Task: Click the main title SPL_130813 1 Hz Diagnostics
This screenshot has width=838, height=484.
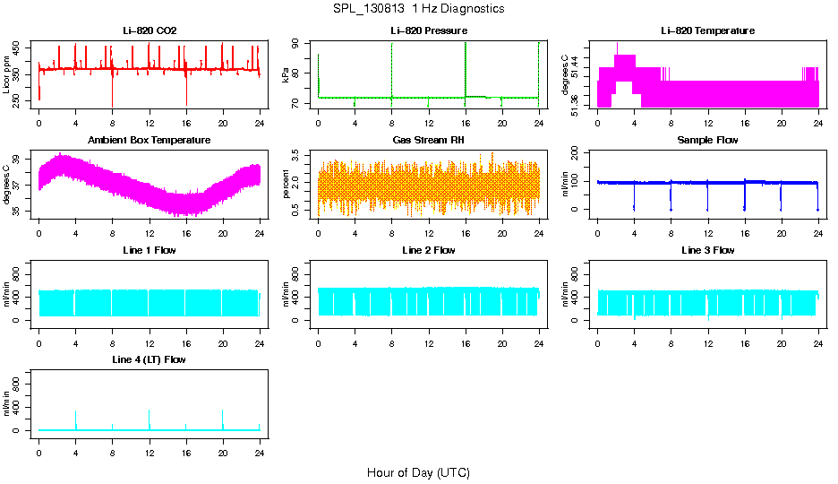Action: point(418,9)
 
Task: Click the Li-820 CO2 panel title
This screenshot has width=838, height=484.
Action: point(150,31)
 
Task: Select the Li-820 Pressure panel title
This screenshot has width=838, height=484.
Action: point(429,31)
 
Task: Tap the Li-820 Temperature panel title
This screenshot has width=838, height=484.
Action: point(707,31)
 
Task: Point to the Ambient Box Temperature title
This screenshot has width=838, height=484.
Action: point(150,141)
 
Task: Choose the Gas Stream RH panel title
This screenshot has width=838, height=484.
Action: point(429,141)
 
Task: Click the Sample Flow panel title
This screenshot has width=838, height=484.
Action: point(707,141)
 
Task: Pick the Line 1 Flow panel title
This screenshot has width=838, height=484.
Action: point(150,250)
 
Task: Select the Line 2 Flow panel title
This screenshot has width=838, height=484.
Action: point(429,250)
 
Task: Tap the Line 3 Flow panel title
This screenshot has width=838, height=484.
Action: point(707,250)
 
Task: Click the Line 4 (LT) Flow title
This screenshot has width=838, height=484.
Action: point(150,359)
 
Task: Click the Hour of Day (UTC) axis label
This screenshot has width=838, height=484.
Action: point(418,472)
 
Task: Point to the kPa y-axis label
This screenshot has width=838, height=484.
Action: point(286,74)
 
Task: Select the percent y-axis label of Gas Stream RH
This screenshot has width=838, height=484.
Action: point(286,184)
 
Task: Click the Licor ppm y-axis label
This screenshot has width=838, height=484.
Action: point(8,74)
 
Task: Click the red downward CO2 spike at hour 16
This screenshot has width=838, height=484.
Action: point(186,94)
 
